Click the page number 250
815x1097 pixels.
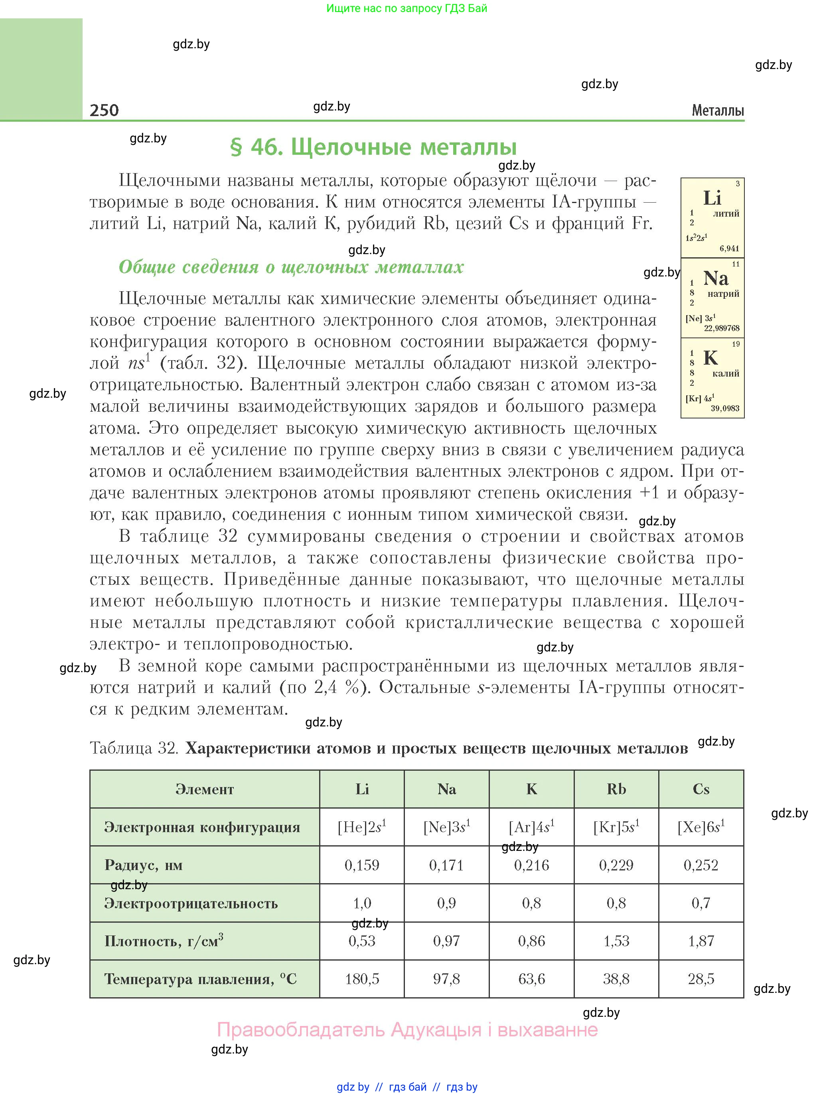(x=104, y=110)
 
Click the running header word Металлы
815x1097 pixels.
(x=717, y=110)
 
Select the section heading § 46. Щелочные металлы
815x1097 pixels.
(x=373, y=147)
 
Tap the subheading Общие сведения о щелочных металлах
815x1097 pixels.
(x=291, y=267)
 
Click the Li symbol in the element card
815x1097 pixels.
(x=712, y=198)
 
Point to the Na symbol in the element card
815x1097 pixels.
(x=715, y=278)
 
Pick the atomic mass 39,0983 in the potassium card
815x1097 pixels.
(x=725, y=408)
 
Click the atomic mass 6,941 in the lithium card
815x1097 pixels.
(x=729, y=249)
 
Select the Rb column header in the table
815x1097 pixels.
(x=616, y=789)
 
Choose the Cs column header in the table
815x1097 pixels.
(x=701, y=789)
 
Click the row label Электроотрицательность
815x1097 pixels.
(x=191, y=904)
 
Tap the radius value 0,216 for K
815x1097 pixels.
(x=531, y=865)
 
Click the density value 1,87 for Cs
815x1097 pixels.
(x=701, y=941)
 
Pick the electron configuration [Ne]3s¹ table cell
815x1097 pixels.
(x=446, y=827)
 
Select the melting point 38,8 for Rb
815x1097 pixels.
(x=616, y=979)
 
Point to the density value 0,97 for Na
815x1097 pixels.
(x=446, y=941)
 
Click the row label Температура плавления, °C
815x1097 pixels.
(x=200, y=979)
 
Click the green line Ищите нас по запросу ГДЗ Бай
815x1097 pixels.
(x=407, y=8)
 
